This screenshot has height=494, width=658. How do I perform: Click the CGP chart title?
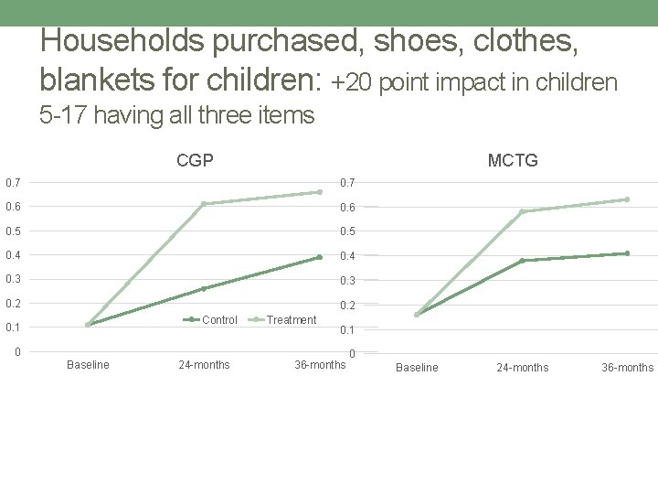pos(195,161)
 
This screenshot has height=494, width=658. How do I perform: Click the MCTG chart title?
pos(513,161)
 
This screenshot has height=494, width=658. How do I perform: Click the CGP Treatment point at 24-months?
pos(203,203)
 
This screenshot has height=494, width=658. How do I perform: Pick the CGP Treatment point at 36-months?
pos(319,192)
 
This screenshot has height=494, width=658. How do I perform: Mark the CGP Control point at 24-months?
pos(203,289)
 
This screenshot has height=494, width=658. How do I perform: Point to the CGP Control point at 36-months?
pos(319,257)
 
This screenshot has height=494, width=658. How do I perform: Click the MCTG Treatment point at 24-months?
pos(522,211)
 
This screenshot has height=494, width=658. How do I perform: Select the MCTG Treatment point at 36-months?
pos(627,199)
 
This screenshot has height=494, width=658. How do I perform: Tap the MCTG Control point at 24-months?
pos(522,261)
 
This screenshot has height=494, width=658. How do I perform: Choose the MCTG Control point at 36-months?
pos(627,253)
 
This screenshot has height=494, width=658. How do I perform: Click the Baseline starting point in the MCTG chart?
pos(417,315)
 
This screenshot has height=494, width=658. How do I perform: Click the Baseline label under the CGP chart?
pos(88,365)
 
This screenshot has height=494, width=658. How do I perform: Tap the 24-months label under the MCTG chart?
pos(522,368)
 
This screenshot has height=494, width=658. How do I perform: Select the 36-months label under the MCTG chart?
pos(627,368)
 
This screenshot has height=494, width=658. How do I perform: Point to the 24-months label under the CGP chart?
pos(204,365)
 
